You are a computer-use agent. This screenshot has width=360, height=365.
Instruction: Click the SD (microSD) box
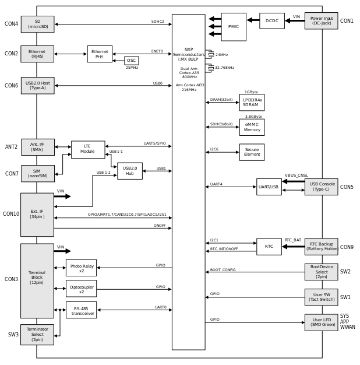[x=37, y=24]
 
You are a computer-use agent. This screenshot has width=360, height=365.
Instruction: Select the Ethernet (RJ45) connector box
[x=37, y=54]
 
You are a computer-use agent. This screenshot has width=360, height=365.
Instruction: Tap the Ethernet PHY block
[x=100, y=54]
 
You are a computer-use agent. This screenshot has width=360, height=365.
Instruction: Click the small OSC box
[x=132, y=61]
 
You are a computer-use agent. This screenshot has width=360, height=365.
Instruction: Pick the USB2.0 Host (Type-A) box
[x=37, y=86]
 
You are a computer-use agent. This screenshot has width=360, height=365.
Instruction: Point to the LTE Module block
[x=88, y=149]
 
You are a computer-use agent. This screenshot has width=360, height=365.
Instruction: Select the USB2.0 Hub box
[x=129, y=171]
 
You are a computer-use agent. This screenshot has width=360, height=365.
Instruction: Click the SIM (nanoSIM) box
[x=37, y=174]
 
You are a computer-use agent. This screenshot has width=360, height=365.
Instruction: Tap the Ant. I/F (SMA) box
[x=37, y=147]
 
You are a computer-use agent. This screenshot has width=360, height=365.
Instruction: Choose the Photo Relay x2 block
[x=81, y=268]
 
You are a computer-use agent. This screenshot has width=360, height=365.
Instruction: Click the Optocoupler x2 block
[x=81, y=289]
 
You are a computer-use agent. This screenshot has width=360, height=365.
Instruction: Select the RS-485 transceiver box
[x=81, y=310]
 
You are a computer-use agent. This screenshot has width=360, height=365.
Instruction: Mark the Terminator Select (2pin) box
[x=37, y=335]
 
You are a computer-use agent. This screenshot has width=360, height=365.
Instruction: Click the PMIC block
[x=234, y=27]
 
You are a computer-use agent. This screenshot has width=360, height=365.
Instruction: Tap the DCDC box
[x=271, y=21]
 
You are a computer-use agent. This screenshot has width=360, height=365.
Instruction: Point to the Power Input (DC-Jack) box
[x=321, y=21]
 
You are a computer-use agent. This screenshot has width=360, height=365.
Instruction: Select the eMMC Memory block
[x=252, y=127]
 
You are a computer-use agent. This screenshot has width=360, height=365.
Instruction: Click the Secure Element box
[x=252, y=152]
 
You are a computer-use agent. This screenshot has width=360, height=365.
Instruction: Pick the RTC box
[x=269, y=247]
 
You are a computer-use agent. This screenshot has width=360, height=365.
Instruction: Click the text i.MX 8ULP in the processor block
[x=189, y=59]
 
